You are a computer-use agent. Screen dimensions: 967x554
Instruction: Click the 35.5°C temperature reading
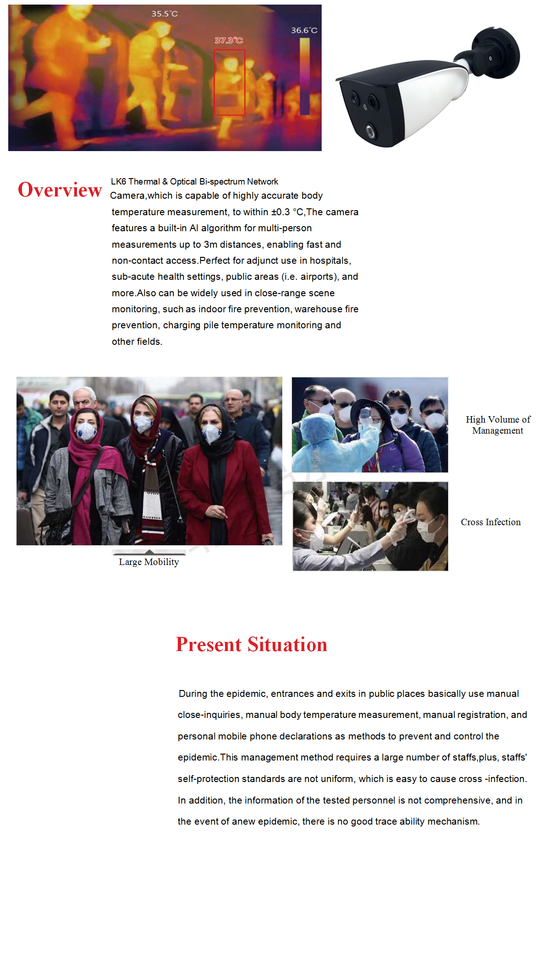(x=165, y=14)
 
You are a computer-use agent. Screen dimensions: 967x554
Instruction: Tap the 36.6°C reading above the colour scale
(x=304, y=30)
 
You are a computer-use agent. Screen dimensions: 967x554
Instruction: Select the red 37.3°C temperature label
(x=229, y=40)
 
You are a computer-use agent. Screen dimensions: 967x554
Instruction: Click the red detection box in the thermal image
(x=229, y=82)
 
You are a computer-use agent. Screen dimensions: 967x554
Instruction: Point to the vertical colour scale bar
(x=305, y=76)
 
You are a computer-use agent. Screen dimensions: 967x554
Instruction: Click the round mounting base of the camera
(x=498, y=53)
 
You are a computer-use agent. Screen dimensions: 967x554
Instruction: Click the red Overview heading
(x=60, y=190)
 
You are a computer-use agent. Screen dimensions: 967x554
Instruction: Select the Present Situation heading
(x=252, y=644)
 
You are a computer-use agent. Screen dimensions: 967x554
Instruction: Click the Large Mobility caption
(x=149, y=562)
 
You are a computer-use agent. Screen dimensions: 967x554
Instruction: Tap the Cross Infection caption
(x=491, y=522)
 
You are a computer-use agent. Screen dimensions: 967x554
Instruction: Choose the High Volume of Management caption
(x=498, y=425)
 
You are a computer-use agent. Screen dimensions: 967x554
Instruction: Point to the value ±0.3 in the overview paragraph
(x=280, y=212)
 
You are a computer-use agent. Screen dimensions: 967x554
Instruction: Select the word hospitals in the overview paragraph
(x=330, y=261)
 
